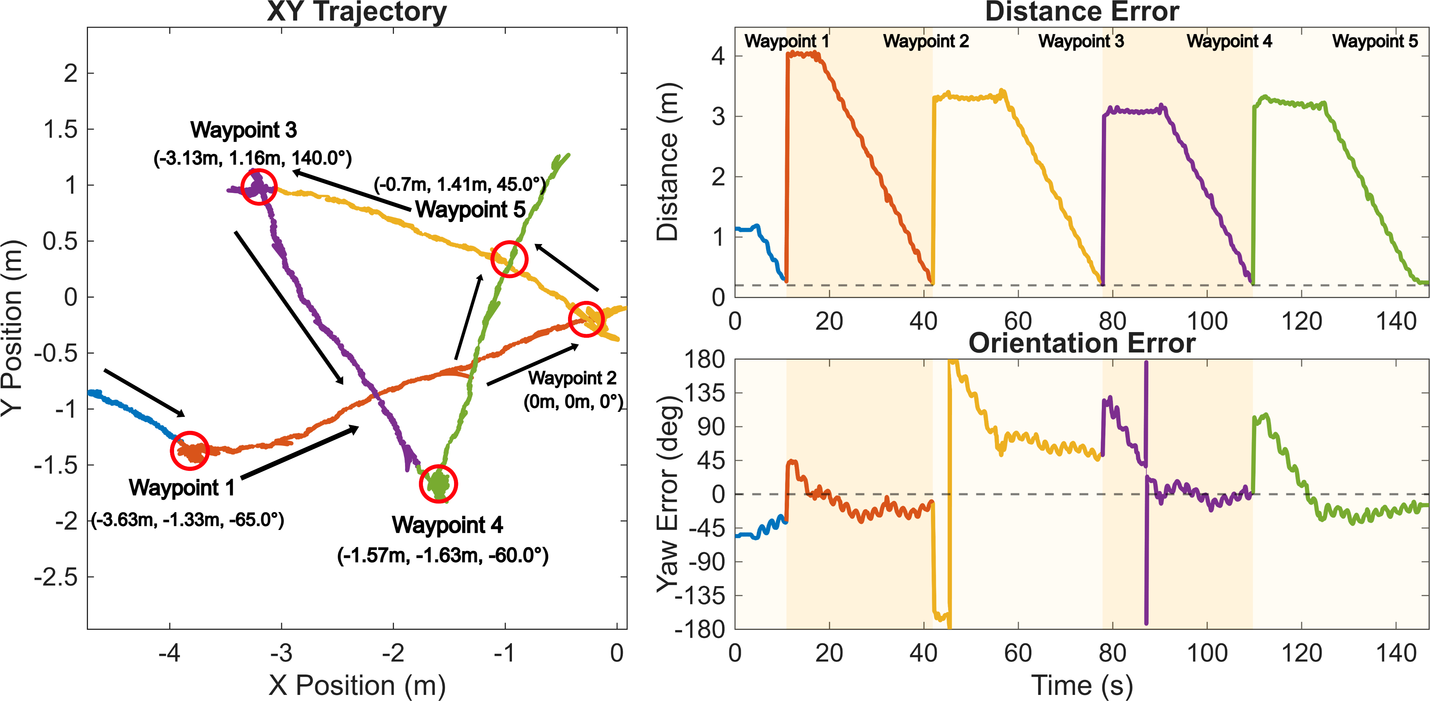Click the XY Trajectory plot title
click(356, 12)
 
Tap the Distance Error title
click(1081, 12)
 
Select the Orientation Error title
click(1081, 343)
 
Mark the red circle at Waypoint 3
click(259, 187)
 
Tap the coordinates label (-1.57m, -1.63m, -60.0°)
click(443, 555)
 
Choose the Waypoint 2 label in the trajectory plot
click(572, 378)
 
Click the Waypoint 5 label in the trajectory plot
click(470, 209)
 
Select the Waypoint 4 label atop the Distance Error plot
click(1229, 41)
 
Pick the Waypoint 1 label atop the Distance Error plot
click(786, 41)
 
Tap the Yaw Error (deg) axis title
click(669, 495)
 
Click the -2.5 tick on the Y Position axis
click(56, 578)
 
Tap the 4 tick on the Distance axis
click(718, 56)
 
